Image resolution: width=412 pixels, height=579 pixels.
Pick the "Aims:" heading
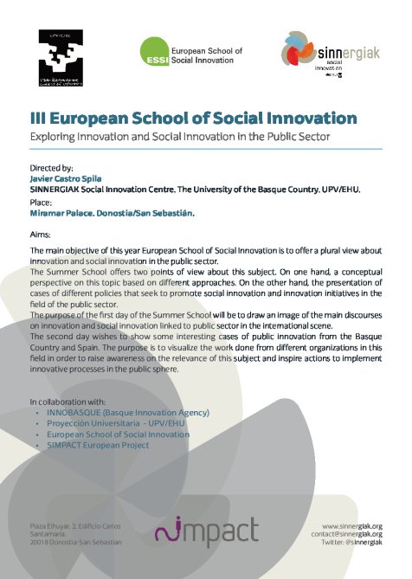(x=41, y=235)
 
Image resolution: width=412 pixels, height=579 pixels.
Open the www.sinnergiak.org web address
(x=352, y=525)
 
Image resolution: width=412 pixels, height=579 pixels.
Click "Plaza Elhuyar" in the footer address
(x=53, y=526)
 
